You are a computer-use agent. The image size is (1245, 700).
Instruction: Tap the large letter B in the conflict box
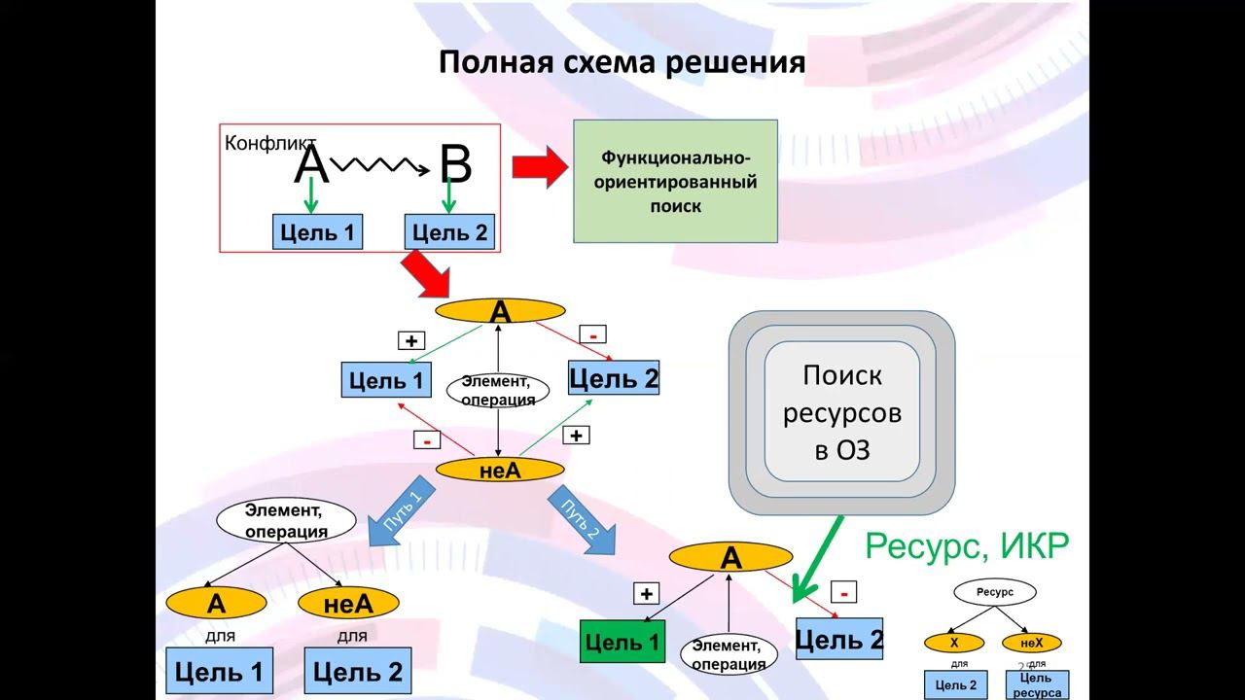coord(454,166)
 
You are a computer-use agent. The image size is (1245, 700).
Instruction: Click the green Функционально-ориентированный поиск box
coord(675,181)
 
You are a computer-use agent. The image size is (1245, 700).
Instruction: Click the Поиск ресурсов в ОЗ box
coord(841,413)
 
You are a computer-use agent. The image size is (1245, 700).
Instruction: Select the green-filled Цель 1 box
coord(622,642)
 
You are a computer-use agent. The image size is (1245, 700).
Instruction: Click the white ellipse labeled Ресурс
coord(994,592)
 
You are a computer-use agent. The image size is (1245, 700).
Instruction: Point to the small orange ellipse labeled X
coord(953,643)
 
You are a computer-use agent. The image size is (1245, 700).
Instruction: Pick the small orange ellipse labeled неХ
coord(1031,643)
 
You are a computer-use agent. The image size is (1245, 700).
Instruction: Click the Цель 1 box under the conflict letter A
coord(317,232)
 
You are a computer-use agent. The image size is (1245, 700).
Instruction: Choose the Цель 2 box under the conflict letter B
coord(449,232)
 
